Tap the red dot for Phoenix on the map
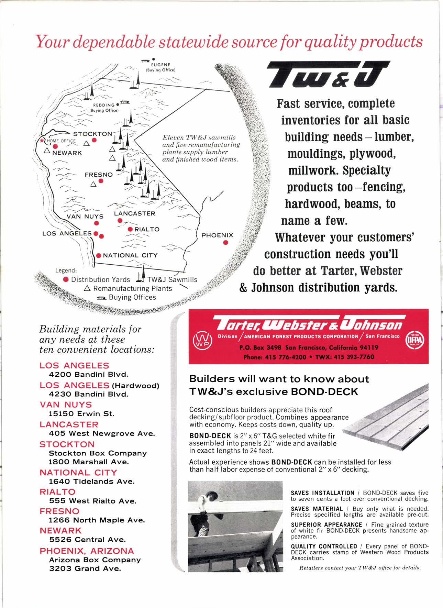225,243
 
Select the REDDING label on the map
104,105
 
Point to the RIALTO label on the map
147,229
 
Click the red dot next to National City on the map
99,255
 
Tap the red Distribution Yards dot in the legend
66,279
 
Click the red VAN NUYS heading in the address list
66,405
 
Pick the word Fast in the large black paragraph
291,104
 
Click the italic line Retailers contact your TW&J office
360,567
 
